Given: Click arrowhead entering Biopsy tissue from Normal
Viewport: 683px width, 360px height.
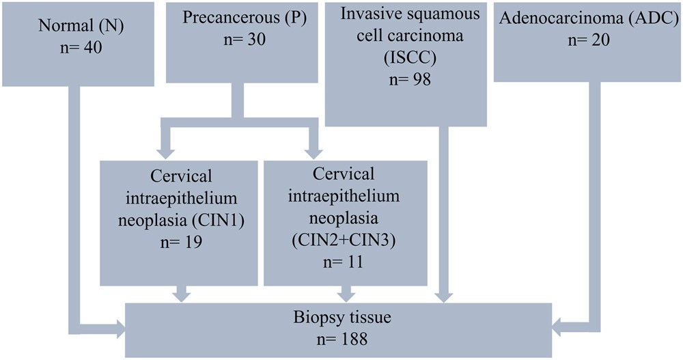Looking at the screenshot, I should [121, 330].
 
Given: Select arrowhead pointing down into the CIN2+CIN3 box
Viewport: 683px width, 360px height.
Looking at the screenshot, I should [315, 151].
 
